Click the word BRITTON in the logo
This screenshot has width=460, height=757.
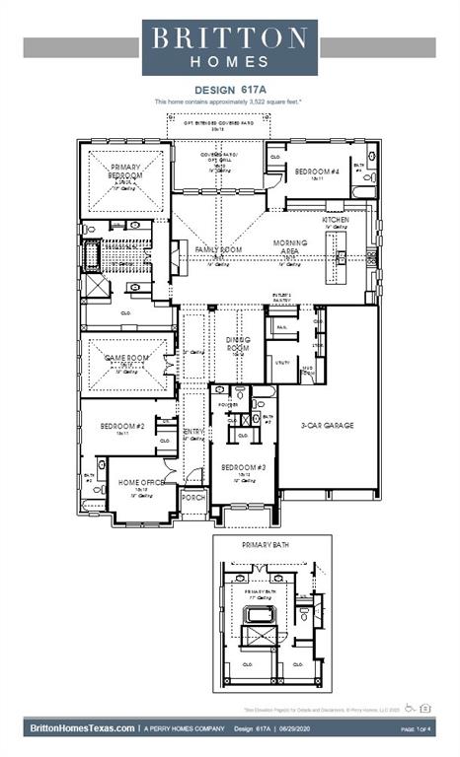(229, 37)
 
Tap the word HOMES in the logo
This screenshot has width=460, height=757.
(229, 61)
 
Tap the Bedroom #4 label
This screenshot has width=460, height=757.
(316, 172)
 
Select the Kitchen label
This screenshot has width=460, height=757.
(336, 220)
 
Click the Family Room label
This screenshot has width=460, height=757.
(218, 251)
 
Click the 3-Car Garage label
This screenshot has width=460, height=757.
(327, 426)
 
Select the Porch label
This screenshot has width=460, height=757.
(194, 499)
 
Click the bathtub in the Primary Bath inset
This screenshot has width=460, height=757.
(259, 616)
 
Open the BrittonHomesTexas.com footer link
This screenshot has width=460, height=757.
(82, 728)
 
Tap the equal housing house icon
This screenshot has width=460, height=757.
(424, 708)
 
